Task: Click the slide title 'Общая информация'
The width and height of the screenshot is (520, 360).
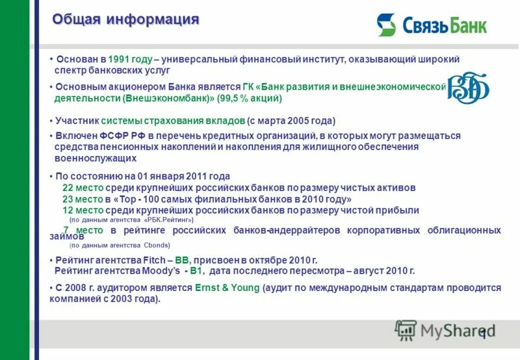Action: click(x=125, y=19)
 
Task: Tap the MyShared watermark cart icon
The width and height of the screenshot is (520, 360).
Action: click(x=406, y=331)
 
